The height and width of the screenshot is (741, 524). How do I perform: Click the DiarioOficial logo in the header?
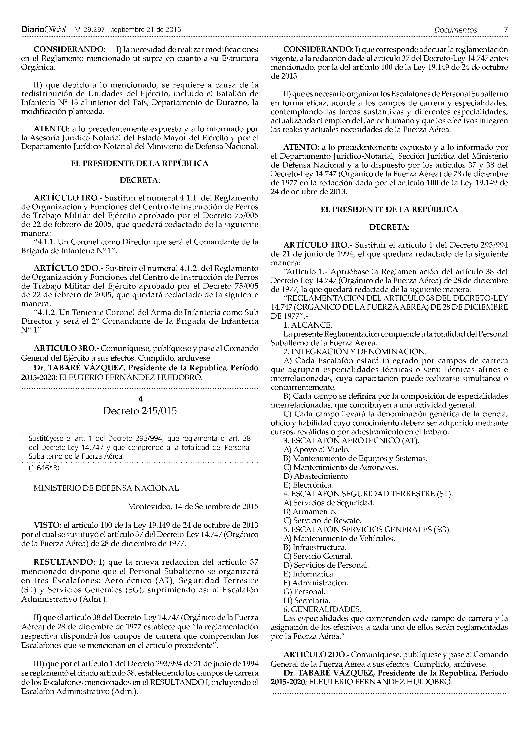point(43,30)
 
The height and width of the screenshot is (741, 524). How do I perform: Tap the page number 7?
point(506,30)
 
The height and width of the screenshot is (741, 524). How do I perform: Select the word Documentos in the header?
point(455,30)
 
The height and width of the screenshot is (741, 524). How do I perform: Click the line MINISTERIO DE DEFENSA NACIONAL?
point(106,488)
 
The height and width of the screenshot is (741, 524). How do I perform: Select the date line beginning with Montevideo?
point(193,506)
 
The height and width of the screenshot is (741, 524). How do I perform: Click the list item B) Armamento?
point(310,512)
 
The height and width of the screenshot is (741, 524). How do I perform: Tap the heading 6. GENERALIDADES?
point(322,609)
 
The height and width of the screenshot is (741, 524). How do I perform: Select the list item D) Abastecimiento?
point(316,476)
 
